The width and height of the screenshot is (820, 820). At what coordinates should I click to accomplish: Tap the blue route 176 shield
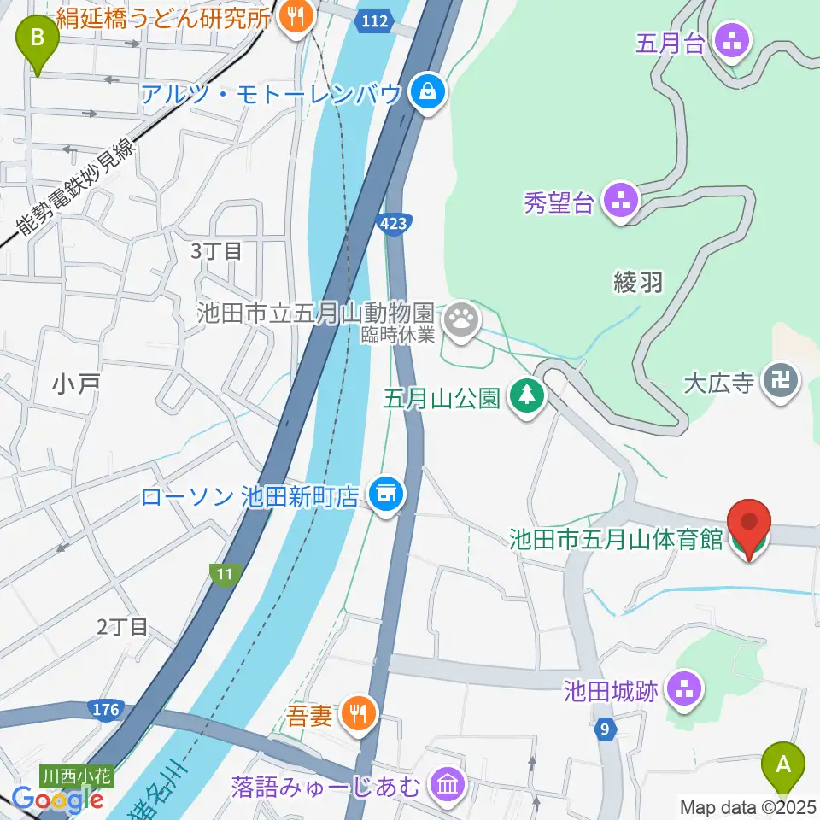(105, 709)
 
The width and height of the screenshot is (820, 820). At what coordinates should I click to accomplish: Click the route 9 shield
(606, 729)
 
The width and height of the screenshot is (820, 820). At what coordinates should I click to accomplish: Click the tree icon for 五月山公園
(527, 396)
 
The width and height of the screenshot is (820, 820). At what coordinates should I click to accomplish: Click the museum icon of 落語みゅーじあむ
(448, 782)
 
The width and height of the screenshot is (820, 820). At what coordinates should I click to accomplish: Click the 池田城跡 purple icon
(684, 689)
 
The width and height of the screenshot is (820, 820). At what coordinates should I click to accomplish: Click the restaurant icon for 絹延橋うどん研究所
(296, 16)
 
